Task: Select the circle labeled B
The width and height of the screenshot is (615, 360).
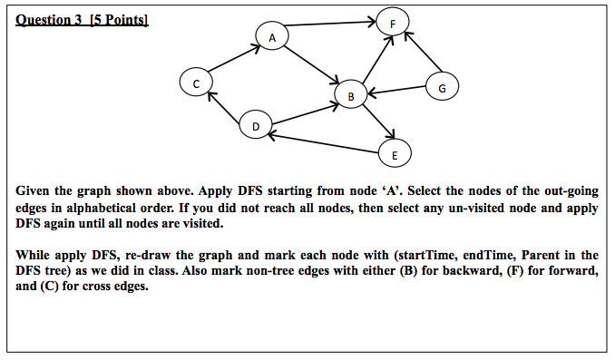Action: point(350,93)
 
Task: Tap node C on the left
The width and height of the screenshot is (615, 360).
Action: point(195,83)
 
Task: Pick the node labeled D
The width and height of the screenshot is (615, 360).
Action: point(256,126)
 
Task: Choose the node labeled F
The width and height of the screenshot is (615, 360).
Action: point(391,24)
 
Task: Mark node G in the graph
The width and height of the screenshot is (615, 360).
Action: point(442,87)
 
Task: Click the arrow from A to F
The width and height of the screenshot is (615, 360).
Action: point(330,28)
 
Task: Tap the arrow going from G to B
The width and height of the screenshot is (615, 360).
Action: point(395,90)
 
